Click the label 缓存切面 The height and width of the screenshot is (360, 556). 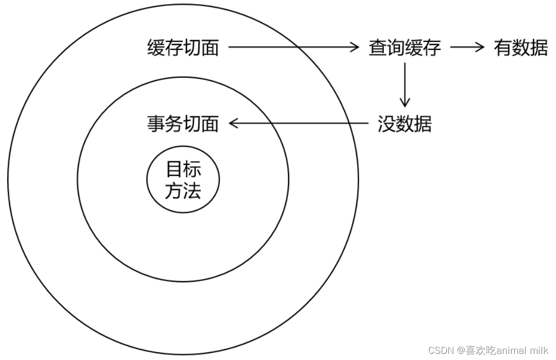point(183,48)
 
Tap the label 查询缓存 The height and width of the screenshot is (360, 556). point(405,48)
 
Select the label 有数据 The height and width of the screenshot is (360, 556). point(520,48)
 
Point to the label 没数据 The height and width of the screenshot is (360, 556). point(405,124)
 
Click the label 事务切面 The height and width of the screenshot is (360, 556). point(183,124)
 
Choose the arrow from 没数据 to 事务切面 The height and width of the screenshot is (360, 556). point(299,124)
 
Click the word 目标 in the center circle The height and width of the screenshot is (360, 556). point(183,169)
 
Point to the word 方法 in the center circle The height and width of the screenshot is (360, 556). point(183,192)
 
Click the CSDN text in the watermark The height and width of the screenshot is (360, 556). point(439,350)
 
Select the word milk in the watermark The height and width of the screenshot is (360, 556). point(539,350)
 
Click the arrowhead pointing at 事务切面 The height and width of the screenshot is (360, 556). point(233,124)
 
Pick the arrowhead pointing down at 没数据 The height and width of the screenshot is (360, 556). point(405,103)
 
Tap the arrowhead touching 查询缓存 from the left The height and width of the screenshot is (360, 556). point(354,48)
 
